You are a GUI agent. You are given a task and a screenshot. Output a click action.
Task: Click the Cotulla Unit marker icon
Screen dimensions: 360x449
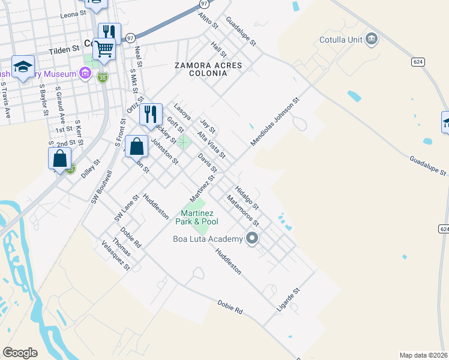coord(372,40)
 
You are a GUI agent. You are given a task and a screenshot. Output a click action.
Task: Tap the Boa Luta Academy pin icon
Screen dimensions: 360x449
coord(252,239)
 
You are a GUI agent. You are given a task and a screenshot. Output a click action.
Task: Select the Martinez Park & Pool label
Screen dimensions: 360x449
coord(200,217)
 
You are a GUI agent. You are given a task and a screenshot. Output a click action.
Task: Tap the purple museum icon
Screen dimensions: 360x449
coord(85,74)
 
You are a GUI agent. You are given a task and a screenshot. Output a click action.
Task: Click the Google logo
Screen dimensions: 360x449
coord(20,353)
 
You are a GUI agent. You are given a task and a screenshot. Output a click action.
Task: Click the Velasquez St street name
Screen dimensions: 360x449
coord(116,256)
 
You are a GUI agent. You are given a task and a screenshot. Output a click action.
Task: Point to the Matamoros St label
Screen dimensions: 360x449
coord(242,210)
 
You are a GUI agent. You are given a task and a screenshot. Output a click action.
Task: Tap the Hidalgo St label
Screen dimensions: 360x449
coord(247,197)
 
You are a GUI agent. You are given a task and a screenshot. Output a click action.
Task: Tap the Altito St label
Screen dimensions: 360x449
coord(208,20)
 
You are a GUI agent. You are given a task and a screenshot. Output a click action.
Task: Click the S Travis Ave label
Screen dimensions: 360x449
coord(5,100)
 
